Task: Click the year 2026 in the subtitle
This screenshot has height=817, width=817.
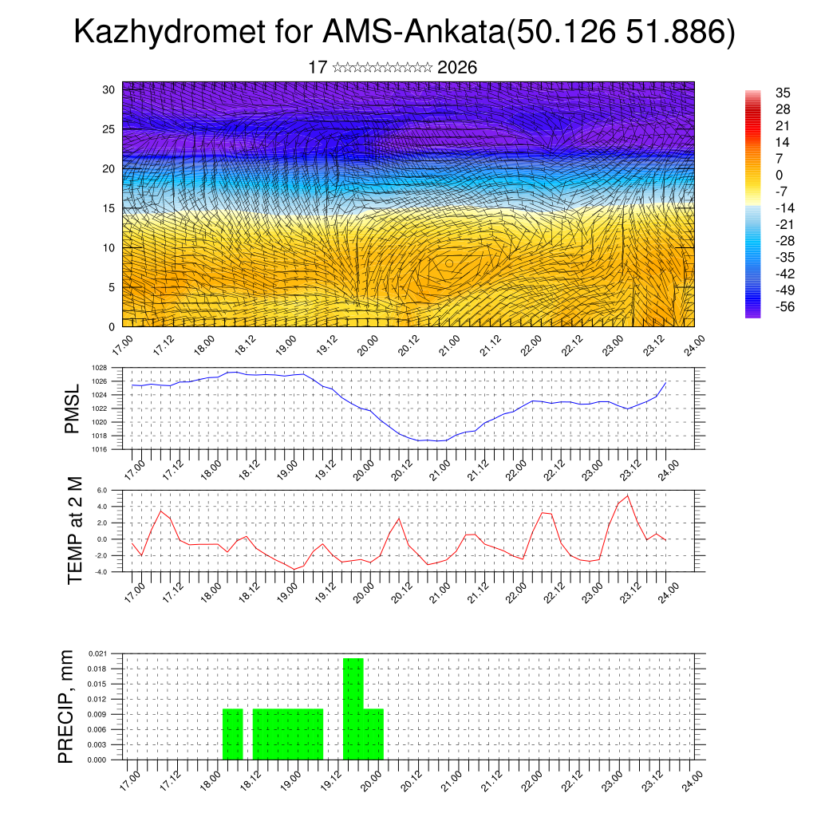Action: coord(457,68)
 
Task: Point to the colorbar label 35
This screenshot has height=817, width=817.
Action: coord(782,93)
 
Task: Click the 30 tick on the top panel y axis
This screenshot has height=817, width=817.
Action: coord(109,89)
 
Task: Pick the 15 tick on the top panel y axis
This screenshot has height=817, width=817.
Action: coord(109,208)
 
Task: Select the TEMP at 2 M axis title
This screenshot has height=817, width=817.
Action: coord(75,531)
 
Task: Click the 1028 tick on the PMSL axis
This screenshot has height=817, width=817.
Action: coord(99,368)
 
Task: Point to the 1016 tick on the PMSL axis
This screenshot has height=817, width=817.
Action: coord(99,449)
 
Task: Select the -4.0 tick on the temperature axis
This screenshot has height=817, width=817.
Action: coord(101,571)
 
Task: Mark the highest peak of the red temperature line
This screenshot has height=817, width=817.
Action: coord(628,496)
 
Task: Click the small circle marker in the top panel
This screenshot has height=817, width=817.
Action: coord(449,262)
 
